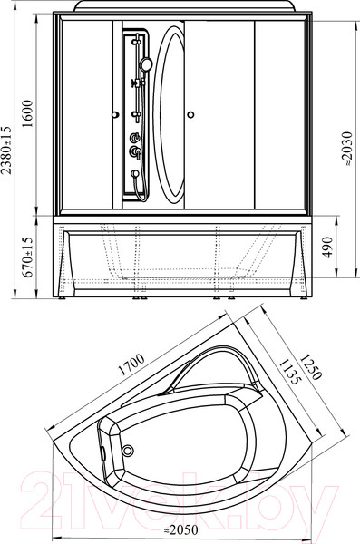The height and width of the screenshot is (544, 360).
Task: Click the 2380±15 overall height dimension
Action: click(6, 150)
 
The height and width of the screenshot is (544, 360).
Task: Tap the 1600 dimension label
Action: click(27, 113)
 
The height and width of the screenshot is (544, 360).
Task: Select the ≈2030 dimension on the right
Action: click(346, 148)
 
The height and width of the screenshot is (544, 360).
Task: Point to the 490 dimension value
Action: click(327, 247)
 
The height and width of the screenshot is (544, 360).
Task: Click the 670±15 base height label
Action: click(27, 257)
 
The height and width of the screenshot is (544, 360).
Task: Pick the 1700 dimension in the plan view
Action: click(131, 364)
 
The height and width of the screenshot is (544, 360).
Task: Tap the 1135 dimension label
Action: click(288, 372)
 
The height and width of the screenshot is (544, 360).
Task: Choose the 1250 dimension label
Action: click(311, 366)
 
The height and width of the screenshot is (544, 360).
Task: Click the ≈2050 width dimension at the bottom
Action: click(180, 529)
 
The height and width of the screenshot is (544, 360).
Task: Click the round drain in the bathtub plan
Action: click(128, 451)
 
